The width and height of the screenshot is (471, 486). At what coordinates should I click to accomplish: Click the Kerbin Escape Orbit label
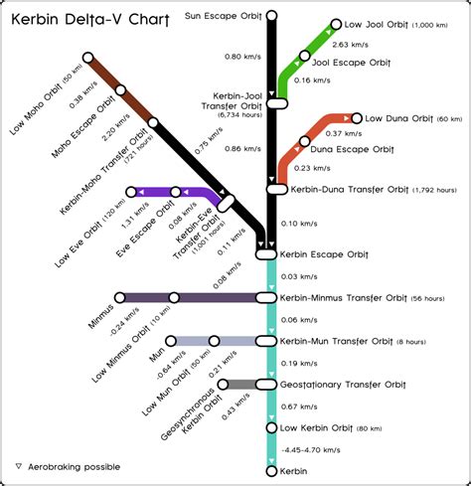point(327,254)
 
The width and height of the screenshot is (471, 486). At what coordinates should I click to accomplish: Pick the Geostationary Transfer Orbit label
point(343,384)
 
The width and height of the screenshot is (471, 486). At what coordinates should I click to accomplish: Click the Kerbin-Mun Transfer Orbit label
point(343,341)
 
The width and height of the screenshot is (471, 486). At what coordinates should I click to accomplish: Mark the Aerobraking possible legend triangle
point(18,465)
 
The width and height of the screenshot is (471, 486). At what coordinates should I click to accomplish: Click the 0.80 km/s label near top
point(241,57)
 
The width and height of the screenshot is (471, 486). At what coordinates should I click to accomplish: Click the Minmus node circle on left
point(120,297)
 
